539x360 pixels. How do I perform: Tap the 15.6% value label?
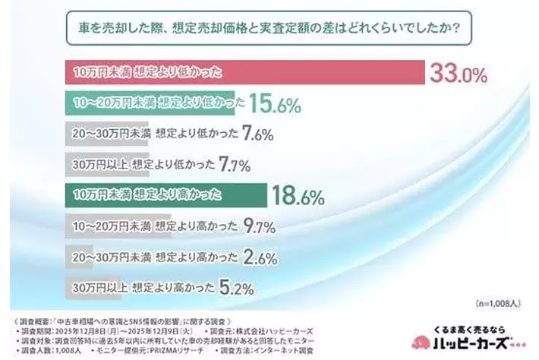[x=278, y=104]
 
